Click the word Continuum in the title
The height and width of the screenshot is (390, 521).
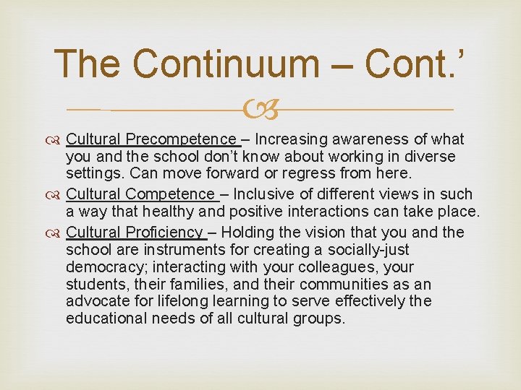point(242,64)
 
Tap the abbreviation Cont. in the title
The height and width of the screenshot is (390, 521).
point(412,64)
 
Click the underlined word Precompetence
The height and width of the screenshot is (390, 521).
point(181,139)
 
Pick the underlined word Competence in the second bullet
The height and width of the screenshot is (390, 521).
point(171,194)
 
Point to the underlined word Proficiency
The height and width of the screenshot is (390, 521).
point(165,232)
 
